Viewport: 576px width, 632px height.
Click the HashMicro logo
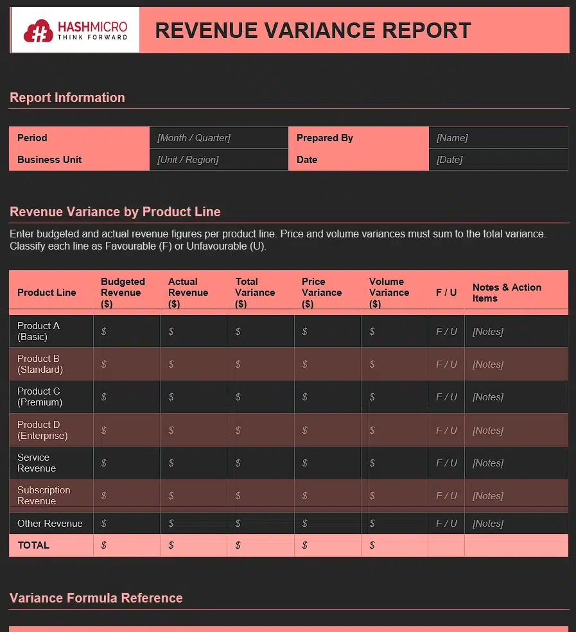coord(75,30)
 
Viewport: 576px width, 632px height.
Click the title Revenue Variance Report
coord(313,30)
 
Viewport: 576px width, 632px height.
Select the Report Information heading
coord(67,98)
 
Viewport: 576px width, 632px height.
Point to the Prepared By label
coord(325,138)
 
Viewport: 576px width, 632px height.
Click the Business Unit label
coord(49,160)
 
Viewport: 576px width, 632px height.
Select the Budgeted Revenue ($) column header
coord(123,293)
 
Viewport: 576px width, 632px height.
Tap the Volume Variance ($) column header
coord(389,293)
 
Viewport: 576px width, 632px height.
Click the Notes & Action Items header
coord(507,293)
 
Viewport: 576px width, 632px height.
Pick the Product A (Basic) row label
coord(39,331)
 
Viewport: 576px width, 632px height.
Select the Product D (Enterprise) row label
coord(42,430)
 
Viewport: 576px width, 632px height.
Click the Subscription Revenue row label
coord(44,495)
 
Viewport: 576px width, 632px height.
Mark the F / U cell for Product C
coord(446,397)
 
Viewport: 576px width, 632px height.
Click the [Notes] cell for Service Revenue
coord(488,463)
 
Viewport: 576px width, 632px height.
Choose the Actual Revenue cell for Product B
coord(193,364)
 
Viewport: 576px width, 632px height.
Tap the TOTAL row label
coord(33,545)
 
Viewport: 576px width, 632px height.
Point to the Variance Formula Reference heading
coord(96,598)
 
